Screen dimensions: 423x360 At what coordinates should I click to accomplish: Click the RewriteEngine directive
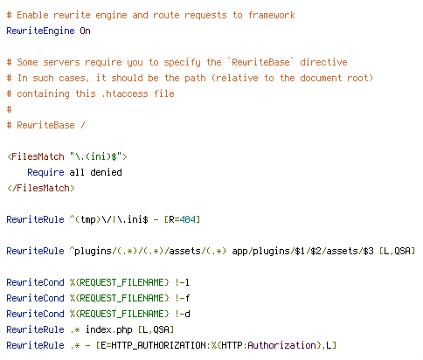pos(40,31)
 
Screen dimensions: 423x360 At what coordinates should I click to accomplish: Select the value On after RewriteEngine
pos(85,31)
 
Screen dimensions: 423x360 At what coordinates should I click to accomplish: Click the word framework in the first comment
pos(271,15)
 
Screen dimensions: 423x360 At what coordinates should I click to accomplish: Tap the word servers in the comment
pos(61,62)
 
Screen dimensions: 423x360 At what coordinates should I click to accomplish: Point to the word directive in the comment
pos(323,62)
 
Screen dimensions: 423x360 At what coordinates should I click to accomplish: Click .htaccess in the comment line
pos(125,93)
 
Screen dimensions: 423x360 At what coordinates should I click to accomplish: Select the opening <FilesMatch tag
pos(36,156)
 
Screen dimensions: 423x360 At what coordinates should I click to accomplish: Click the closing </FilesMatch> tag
pos(41,188)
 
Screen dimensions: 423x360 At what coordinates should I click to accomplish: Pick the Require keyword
pos(45,172)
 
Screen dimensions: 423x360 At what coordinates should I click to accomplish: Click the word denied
pos(106,172)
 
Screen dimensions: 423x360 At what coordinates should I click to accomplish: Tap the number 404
pos(187,219)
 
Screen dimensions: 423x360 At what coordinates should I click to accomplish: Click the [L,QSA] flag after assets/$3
pos(397,251)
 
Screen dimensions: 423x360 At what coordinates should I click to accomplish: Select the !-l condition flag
pos(182,282)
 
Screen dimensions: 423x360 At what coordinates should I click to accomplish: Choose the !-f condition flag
pos(183,298)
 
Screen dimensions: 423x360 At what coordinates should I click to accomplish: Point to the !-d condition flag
pos(183,314)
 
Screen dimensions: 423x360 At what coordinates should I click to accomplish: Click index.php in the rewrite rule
pos(108,329)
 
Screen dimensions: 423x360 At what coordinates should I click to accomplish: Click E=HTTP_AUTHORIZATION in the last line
pos(153,345)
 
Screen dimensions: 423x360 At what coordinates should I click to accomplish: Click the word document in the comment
pos(321,78)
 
